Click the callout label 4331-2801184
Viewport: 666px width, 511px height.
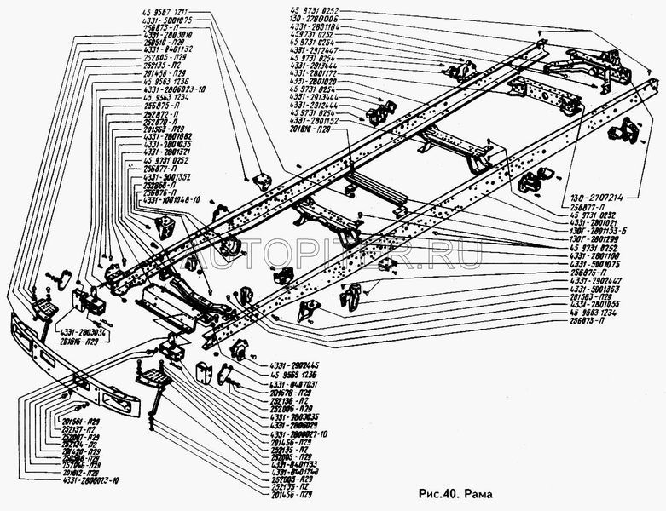[317, 26]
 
